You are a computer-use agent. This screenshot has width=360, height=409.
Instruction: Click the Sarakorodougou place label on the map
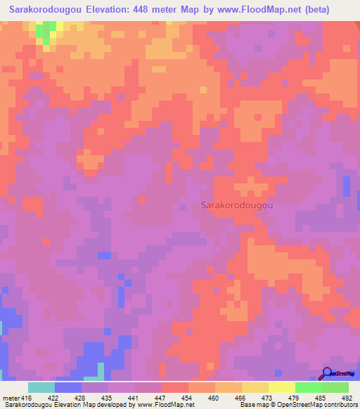[237, 205]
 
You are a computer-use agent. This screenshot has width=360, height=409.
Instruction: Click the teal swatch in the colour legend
[41, 387]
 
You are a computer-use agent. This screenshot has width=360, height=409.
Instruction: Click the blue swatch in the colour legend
[68, 387]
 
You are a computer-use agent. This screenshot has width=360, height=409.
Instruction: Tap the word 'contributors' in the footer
[339, 405]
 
